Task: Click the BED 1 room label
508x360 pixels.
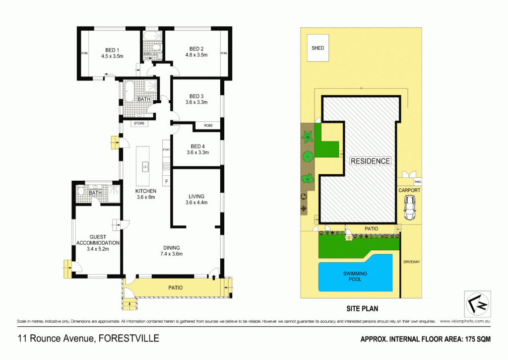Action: pyautogui.click(x=112, y=50)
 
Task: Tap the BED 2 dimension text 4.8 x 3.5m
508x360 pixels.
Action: pyautogui.click(x=196, y=55)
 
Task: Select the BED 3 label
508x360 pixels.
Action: pyautogui.click(x=196, y=96)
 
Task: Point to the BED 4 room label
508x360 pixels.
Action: pyautogui.click(x=196, y=146)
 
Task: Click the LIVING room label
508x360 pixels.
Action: pyautogui.click(x=196, y=196)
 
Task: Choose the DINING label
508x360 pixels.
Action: pyautogui.click(x=172, y=248)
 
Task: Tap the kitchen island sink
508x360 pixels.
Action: pyautogui.click(x=146, y=166)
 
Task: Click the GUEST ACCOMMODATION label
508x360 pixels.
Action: pyautogui.click(x=98, y=240)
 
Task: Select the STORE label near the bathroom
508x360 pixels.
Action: pyautogui.click(x=139, y=124)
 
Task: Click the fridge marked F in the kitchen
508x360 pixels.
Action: pyautogui.click(x=166, y=181)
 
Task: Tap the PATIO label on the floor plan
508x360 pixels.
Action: pyautogui.click(x=175, y=288)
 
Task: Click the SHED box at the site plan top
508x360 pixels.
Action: pyautogui.click(x=317, y=48)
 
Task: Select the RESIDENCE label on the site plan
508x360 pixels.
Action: pyautogui.click(x=370, y=161)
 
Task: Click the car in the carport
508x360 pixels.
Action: pyautogui.click(x=410, y=207)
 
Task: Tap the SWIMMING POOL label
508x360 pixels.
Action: pyautogui.click(x=354, y=276)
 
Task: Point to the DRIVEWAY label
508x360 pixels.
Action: pyautogui.click(x=411, y=261)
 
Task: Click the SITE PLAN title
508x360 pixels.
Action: pyautogui.click(x=361, y=308)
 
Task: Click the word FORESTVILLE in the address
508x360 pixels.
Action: pyautogui.click(x=129, y=339)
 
